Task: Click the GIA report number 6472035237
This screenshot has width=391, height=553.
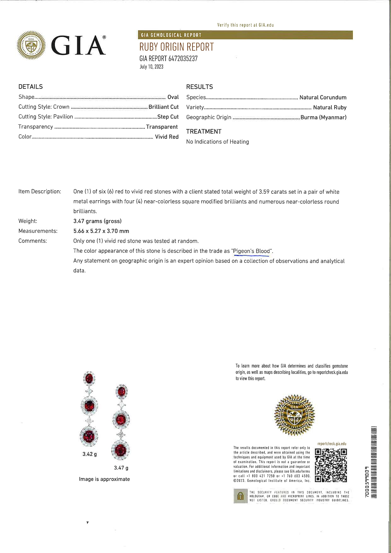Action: click(168, 58)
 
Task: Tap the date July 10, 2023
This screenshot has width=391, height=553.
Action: click(151, 67)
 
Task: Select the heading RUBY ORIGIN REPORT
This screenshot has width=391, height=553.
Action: click(176, 47)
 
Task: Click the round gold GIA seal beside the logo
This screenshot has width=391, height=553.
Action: click(31, 45)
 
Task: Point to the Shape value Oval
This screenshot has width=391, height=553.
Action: click(173, 97)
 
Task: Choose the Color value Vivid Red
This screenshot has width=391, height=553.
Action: click(167, 137)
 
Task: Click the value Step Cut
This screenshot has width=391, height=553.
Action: click(168, 117)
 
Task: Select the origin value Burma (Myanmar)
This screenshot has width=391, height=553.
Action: click(323, 117)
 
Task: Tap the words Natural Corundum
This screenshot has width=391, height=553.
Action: click(323, 98)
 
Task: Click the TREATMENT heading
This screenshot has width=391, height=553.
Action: click(204, 131)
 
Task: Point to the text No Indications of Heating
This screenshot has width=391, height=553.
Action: click(217, 142)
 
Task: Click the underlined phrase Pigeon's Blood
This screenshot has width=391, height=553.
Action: click(252, 251)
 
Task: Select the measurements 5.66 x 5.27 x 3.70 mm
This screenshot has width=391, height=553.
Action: click(101, 231)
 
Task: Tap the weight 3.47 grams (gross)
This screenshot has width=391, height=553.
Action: click(97, 221)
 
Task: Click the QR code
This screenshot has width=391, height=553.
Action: click(331, 465)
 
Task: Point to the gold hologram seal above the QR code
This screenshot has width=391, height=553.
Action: click(295, 415)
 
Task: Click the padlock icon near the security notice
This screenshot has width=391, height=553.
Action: click(240, 496)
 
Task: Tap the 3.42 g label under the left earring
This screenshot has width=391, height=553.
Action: click(90, 454)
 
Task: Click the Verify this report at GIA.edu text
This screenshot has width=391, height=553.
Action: click(245, 25)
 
